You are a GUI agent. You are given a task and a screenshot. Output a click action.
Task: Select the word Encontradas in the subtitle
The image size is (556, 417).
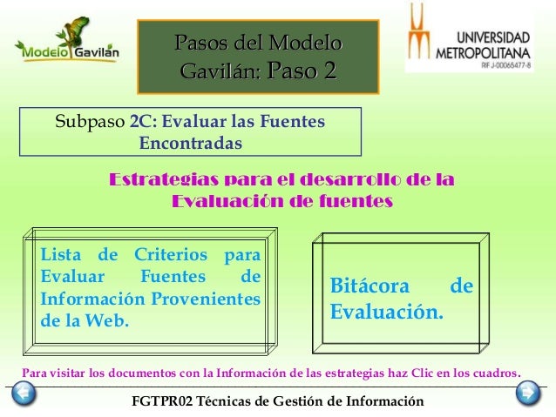coord(192,140)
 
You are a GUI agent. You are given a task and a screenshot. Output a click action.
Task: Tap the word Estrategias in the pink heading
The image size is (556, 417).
coord(163,181)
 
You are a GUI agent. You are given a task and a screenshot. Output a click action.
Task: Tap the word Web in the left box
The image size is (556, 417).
coord(108,320)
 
